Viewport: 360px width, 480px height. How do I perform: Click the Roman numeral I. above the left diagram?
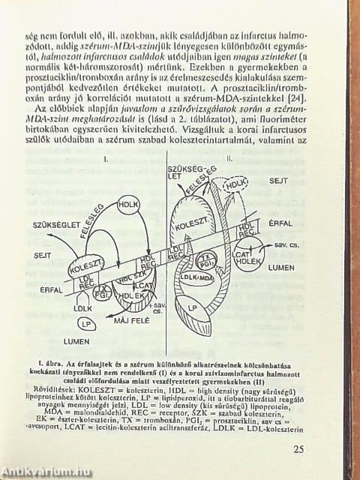click(106, 160)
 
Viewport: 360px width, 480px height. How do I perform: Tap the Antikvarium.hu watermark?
click(46, 471)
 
